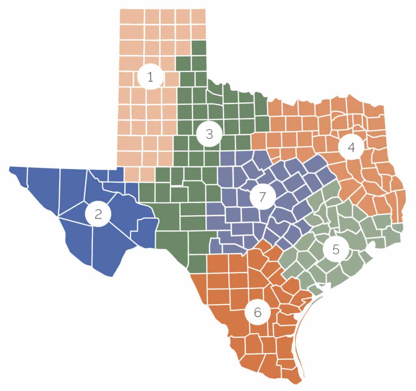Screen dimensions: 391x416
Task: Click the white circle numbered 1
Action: [x=150, y=76]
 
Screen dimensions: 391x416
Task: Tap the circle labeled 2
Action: [x=98, y=214]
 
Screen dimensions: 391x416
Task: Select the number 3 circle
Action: [x=209, y=134]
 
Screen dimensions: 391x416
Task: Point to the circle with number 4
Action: [x=351, y=148]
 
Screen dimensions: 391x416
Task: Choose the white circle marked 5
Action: [x=336, y=249]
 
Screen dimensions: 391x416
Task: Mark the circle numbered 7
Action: [x=262, y=197]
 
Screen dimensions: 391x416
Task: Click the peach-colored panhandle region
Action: [x=138, y=122]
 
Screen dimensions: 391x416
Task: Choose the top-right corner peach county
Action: [x=198, y=17]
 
